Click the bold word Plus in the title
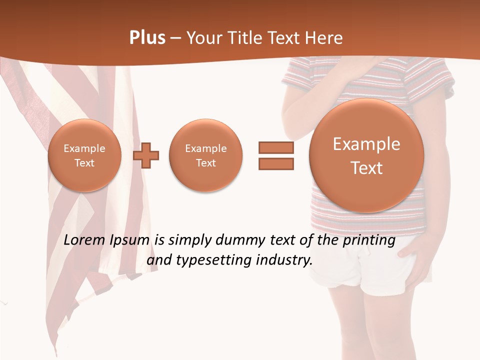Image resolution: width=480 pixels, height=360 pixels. [x=147, y=38]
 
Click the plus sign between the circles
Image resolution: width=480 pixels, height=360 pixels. [x=146, y=155]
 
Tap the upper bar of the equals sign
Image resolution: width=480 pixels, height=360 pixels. [x=276, y=147]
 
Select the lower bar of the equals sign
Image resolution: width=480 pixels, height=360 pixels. [x=276, y=164]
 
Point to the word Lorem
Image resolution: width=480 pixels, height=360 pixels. [x=85, y=240]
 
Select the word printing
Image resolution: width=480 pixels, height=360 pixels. [x=369, y=240]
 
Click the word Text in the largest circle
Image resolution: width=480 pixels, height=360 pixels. [x=366, y=168]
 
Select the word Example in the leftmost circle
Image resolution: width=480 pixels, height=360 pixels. [x=84, y=148]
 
